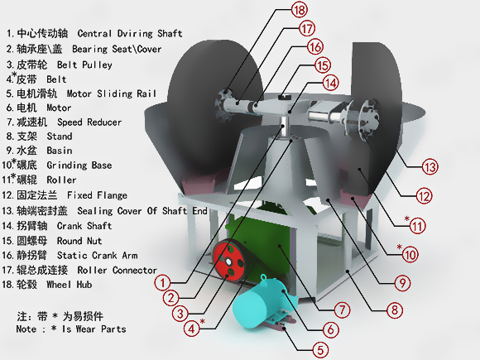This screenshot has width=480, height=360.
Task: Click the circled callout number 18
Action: pyautogui.click(x=299, y=10)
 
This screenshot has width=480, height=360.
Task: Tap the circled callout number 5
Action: pyautogui.click(x=320, y=350)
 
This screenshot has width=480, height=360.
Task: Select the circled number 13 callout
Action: pyautogui.click(x=430, y=167)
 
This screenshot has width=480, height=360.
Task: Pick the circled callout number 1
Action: pyautogui.click(x=162, y=282)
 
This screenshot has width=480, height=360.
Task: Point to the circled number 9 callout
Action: pyautogui.click(x=402, y=283)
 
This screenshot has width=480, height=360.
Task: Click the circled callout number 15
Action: pyautogui.click(x=323, y=65)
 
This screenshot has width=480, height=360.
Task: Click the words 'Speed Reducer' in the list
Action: pyautogui.click(x=89, y=122)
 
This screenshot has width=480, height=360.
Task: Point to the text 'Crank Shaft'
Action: pyautogui.click(x=84, y=226)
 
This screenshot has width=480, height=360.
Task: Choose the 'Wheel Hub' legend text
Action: pyautogui.click(x=70, y=285)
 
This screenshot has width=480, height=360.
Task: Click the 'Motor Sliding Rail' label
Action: pyautogui.click(x=112, y=94)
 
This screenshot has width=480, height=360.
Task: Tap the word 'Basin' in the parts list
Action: pyautogui.click(x=60, y=151)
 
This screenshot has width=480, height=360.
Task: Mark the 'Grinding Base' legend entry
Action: pyautogui.click(x=79, y=166)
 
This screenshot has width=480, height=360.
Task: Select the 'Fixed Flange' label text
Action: pyautogui.click(x=97, y=195)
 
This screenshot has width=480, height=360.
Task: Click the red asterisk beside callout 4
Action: pyautogui.click(x=203, y=321)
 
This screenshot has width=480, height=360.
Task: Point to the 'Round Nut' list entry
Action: pyautogui.click(x=79, y=241)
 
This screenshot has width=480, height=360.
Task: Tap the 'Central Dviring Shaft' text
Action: pyautogui.click(x=130, y=33)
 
